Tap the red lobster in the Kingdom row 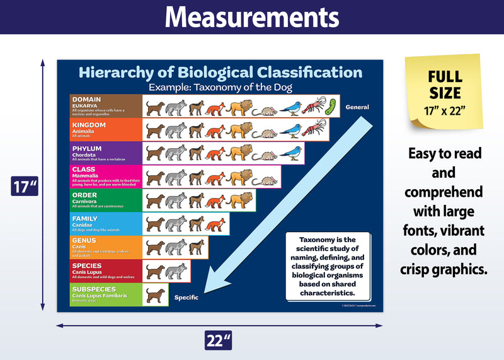313,130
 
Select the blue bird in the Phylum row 290,153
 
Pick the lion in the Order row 239,201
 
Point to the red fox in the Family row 215,224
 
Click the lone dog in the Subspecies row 156,295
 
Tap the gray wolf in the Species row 176,271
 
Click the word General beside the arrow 357,107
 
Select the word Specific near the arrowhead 186,297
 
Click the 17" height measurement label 25,187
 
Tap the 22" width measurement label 219,340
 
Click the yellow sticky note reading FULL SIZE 445,90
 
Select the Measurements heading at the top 252,17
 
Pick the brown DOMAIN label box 106,106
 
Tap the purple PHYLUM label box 106,153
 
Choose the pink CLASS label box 106,177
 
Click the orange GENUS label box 106,248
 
